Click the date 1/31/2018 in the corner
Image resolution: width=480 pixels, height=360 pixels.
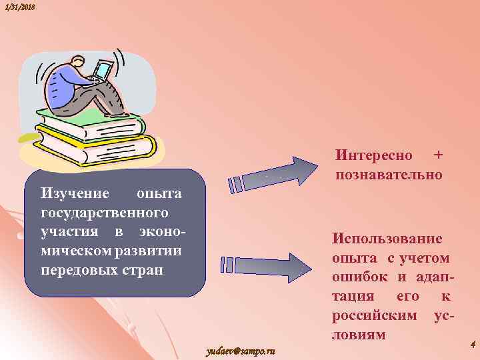click(18, 7)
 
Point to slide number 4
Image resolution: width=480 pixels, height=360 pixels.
click(472, 345)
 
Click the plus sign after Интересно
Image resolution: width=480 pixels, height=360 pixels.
click(438, 155)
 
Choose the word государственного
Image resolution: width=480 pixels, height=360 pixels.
click(105, 213)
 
